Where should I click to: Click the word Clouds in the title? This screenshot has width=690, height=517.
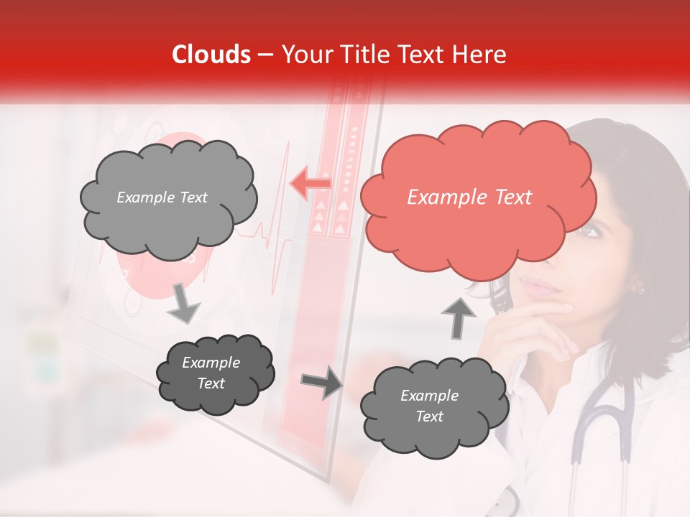click(211, 55)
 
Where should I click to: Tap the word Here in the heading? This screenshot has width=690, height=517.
click(481, 55)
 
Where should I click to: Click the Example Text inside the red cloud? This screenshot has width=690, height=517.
click(469, 197)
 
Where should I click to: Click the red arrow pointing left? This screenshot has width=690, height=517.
click(310, 184)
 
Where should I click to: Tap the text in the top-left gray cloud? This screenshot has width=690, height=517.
click(162, 197)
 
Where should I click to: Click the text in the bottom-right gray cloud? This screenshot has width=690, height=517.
click(429, 406)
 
